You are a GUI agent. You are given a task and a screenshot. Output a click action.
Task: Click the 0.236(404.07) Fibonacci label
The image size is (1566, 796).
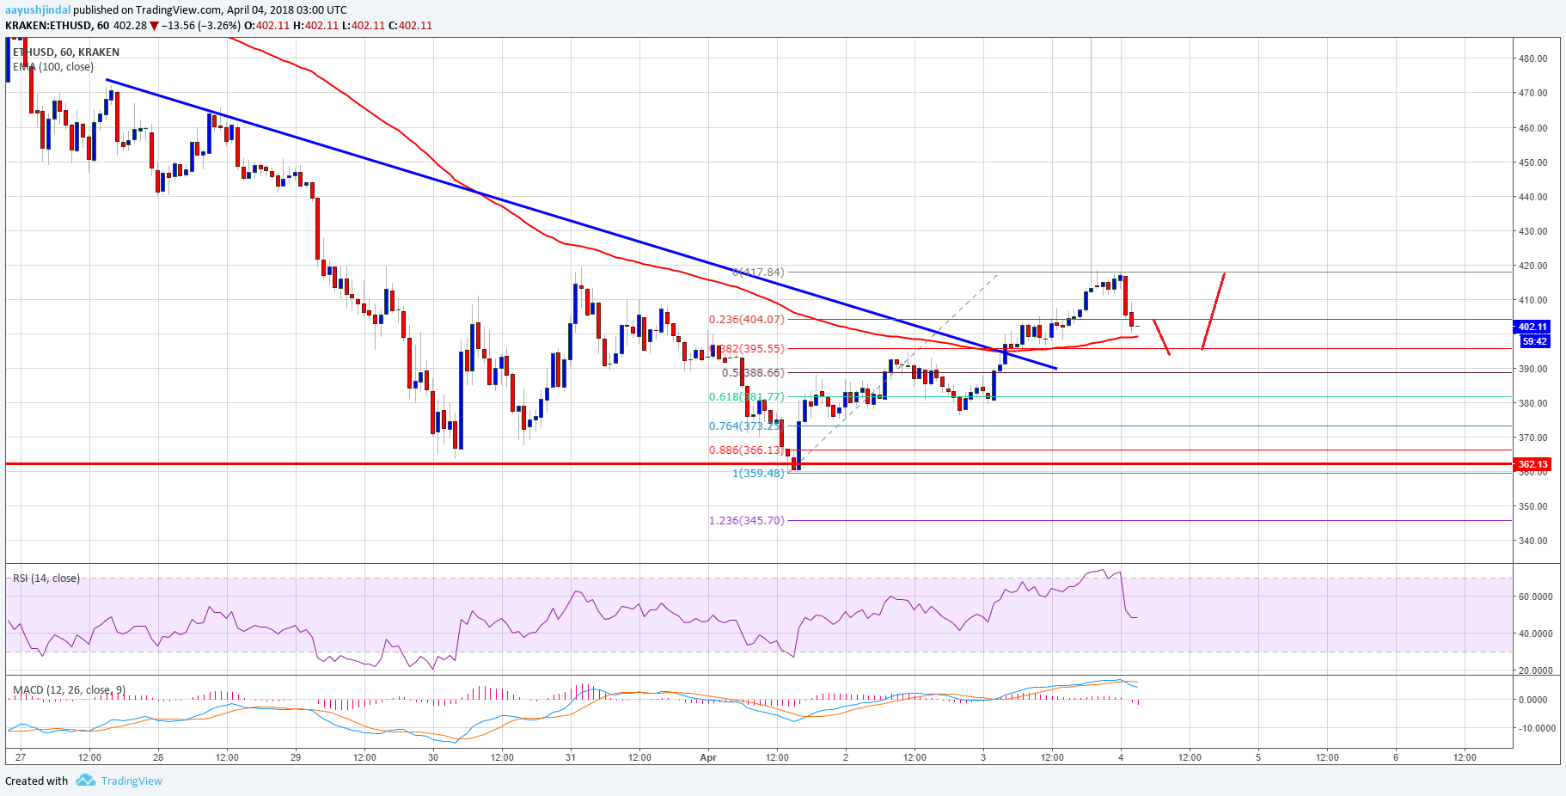746,319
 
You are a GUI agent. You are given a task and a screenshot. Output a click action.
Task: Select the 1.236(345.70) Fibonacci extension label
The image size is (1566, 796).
746,520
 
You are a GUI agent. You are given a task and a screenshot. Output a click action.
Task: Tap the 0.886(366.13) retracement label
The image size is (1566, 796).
746,450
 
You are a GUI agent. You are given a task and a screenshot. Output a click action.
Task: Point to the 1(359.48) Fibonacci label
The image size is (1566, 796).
758,473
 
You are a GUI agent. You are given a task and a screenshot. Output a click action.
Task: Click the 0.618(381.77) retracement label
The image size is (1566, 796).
746,396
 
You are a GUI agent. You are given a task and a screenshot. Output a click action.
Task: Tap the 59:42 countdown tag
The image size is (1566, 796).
1534,341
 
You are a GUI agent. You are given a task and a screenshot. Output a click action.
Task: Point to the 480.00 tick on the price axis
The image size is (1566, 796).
1532,58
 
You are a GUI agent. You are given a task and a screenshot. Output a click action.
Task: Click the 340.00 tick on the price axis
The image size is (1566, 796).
1532,541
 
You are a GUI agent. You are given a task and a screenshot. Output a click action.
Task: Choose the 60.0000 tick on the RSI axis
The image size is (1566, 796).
1535,597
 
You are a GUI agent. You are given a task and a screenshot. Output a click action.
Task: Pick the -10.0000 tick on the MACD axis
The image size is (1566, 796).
1535,728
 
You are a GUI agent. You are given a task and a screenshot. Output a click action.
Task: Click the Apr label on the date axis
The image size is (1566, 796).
708,757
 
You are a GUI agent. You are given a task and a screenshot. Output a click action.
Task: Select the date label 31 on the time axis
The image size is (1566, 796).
571,757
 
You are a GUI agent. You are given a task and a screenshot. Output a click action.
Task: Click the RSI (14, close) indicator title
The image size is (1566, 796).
46,579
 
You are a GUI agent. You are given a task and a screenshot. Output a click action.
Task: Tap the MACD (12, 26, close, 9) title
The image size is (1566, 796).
69,689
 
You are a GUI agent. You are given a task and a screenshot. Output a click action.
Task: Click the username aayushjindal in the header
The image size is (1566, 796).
38,10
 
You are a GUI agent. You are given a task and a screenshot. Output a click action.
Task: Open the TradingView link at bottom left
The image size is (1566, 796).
131,781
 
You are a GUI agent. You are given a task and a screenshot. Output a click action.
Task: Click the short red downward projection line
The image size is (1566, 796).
1161,337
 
